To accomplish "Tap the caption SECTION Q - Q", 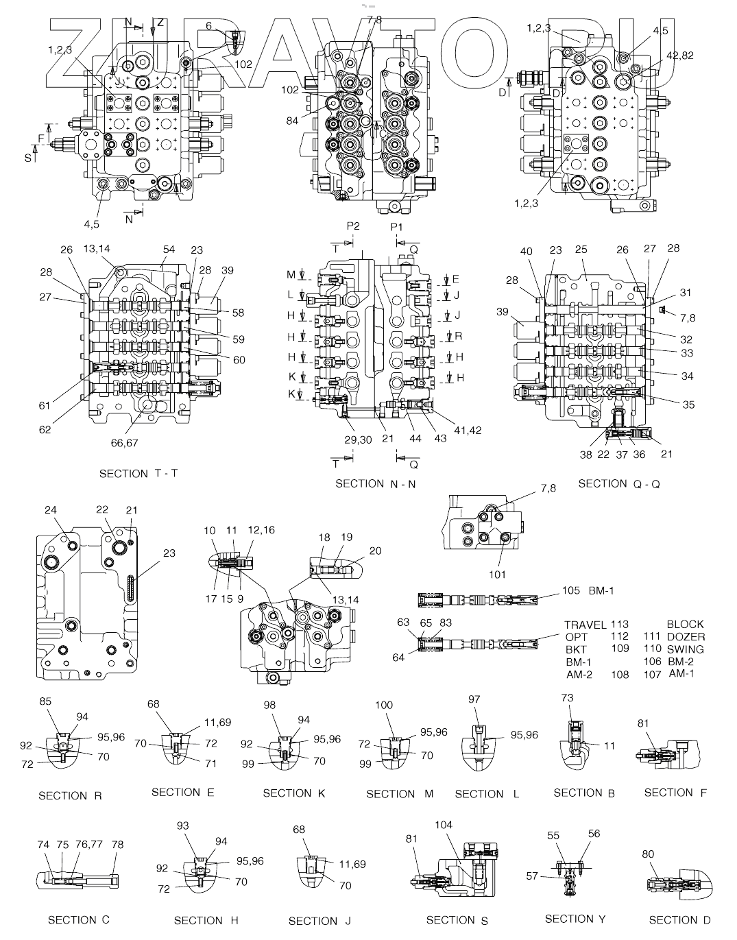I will (618, 484).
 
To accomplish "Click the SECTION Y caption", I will (574, 919).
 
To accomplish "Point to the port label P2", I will (353, 226).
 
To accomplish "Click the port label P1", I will (397, 227).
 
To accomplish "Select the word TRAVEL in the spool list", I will (585, 625).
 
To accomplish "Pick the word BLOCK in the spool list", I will (685, 625).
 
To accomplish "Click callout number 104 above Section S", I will (444, 825).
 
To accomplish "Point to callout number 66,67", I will (124, 443).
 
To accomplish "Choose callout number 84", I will (293, 121).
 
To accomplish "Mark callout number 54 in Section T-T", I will (169, 250).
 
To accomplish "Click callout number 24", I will (51, 510).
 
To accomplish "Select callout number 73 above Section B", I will (567, 698).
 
